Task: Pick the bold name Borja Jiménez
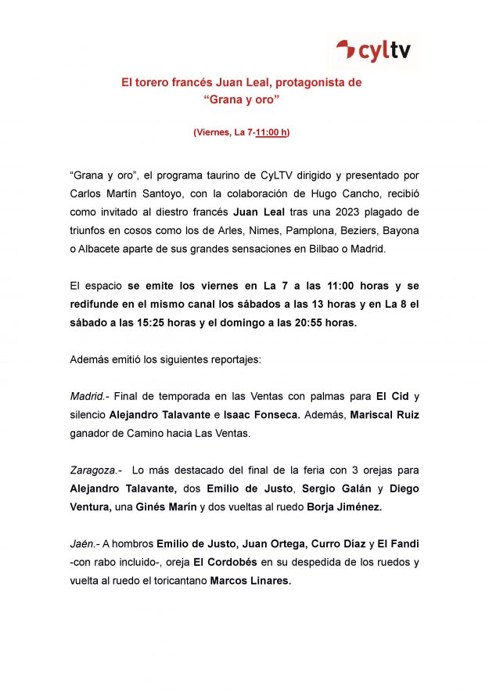coord(343,506)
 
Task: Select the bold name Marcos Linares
coord(250,580)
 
